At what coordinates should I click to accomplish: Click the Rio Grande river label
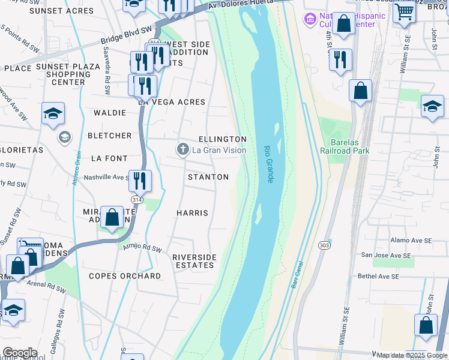point(268,164)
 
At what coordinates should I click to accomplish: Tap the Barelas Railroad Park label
point(345,147)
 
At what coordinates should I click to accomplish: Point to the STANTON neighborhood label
point(208,177)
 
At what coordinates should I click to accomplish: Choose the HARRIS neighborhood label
point(192,213)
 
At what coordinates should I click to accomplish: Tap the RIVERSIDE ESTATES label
point(194,261)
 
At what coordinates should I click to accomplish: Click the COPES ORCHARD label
point(124,276)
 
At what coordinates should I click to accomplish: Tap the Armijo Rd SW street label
point(142,248)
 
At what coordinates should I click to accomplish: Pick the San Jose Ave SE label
point(385,255)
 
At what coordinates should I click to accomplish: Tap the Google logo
point(19,353)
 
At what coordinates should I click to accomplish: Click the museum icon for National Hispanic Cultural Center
point(310,19)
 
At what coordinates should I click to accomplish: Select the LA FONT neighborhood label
point(109,158)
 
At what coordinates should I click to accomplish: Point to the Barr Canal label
point(295,275)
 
